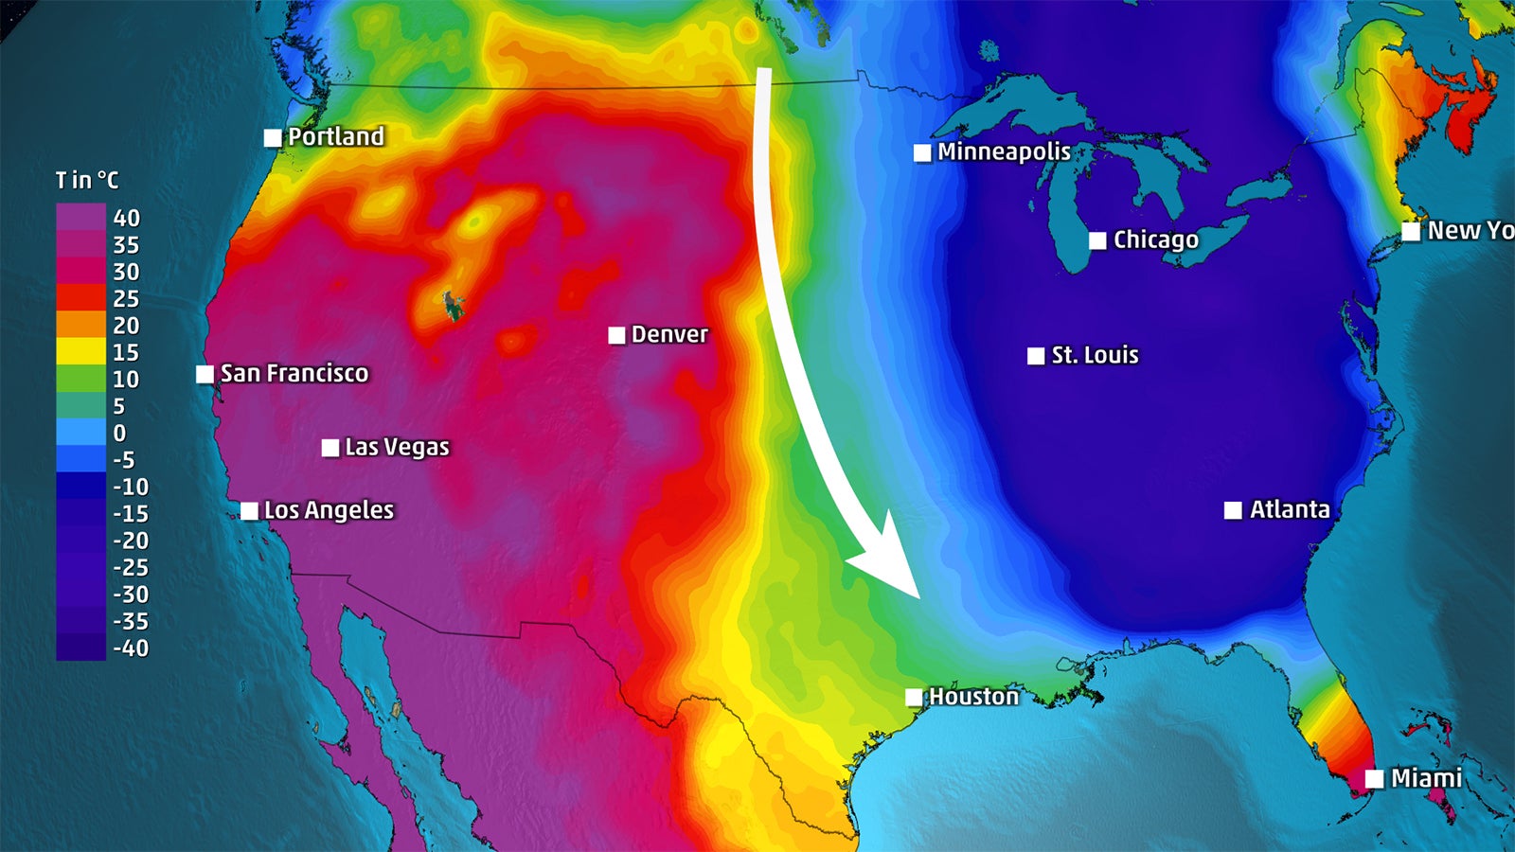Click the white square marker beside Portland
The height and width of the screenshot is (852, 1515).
273,138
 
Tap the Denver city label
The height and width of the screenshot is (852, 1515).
669,334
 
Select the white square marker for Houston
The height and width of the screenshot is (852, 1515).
914,698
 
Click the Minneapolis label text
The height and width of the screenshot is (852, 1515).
1004,151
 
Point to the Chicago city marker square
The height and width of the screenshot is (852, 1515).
1097,240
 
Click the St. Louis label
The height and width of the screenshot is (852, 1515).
1095,355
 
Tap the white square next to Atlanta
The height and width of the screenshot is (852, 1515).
1233,510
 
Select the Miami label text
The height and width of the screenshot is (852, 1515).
1426,778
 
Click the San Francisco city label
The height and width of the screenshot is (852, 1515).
294,373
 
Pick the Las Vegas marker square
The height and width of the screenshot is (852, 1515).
330,448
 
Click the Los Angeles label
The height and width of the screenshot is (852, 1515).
329,510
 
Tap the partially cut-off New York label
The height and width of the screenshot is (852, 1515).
1470,230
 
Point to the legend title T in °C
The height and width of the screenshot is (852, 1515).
87,180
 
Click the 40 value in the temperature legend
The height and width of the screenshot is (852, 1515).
126,218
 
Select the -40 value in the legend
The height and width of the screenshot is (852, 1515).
131,648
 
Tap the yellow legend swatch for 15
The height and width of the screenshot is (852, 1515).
80,352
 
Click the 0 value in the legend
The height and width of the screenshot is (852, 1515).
119,434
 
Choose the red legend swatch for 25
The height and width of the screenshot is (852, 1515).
80,298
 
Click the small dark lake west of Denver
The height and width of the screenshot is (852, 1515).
454,305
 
